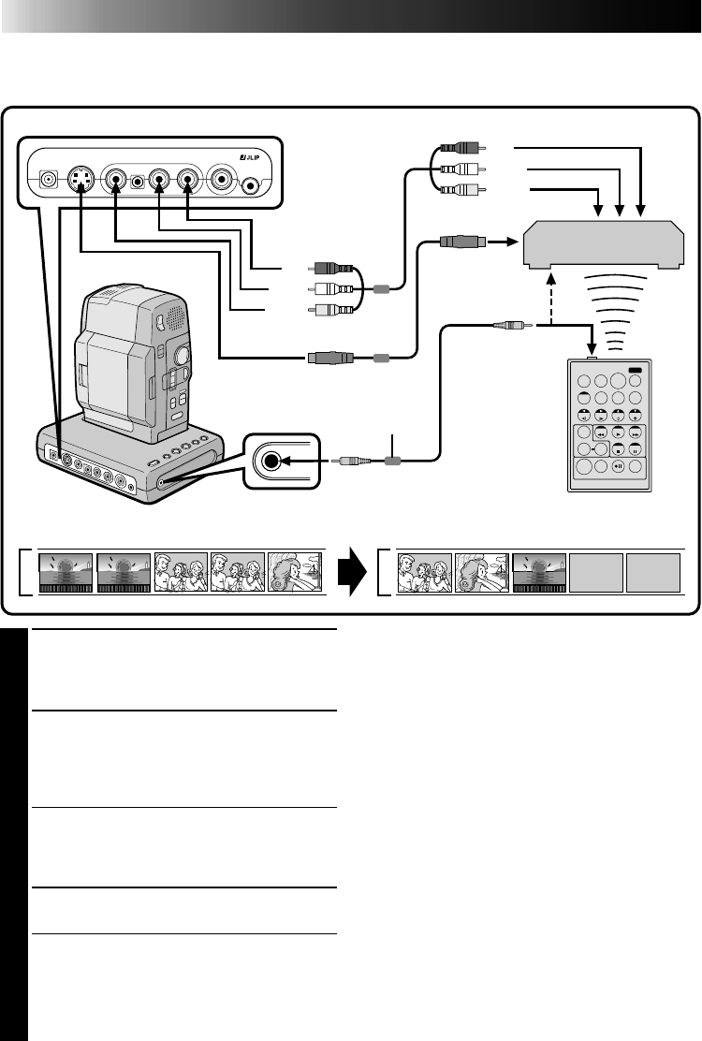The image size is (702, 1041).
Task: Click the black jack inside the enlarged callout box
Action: tap(271, 461)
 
